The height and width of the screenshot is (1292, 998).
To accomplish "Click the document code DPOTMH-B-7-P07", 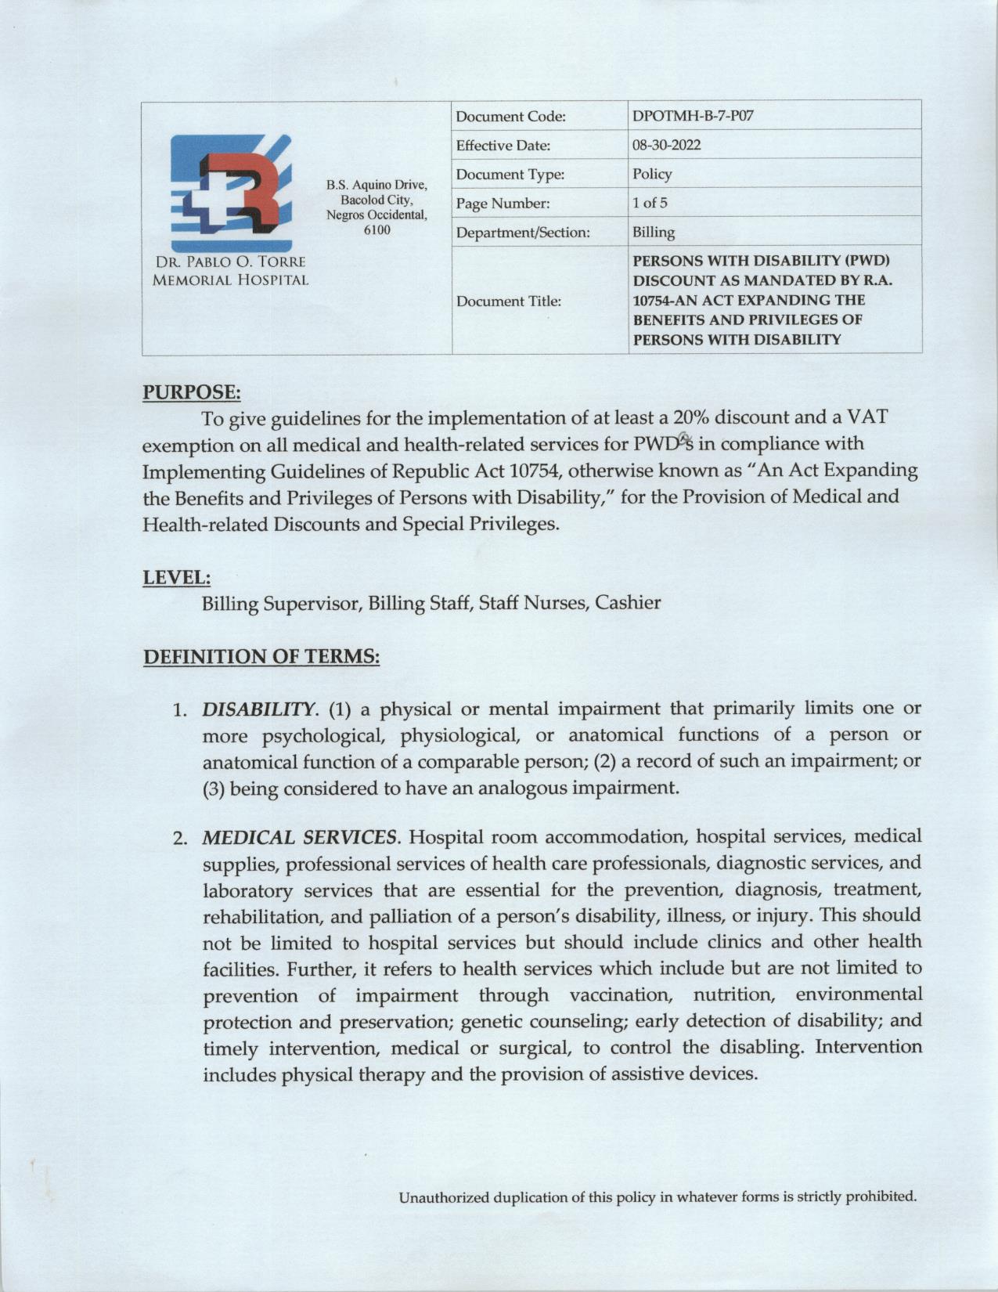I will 693,117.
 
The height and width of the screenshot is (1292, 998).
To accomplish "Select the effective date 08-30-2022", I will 666,146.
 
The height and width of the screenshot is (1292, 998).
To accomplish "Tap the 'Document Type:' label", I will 510,175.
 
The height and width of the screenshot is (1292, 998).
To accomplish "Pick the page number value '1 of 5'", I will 650,204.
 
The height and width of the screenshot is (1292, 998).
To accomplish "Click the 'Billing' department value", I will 654,233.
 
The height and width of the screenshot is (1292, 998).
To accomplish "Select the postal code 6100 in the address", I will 377,230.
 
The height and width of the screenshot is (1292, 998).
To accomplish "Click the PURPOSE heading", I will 191,392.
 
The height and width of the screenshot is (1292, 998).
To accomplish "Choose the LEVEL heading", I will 176,578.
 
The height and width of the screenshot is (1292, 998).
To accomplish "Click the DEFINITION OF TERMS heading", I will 261,656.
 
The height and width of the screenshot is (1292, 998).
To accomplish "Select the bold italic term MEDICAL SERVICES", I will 299,838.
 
